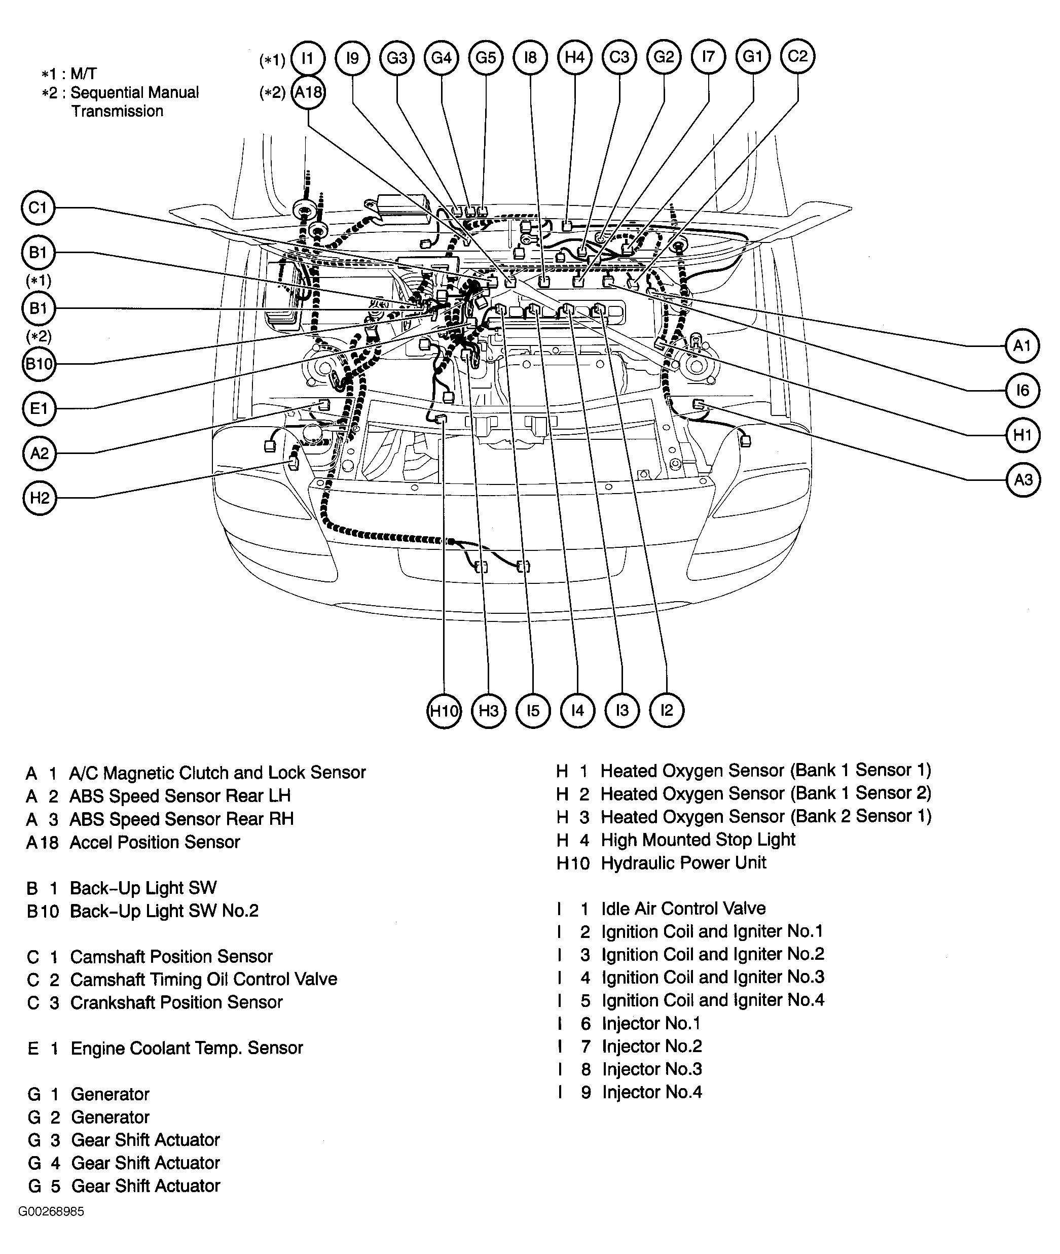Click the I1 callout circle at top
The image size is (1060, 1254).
coord(308,58)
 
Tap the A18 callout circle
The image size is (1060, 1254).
coord(308,92)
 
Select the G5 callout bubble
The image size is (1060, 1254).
coord(486,58)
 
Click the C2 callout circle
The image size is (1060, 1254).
coord(797,56)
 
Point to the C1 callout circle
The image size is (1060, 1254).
coord(38,208)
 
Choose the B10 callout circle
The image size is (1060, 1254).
coord(39,364)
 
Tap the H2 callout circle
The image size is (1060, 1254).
coord(40,498)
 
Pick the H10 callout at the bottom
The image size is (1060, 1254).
coord(444,711)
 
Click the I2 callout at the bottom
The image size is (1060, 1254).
coord(667,711)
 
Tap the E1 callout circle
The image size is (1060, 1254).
coord(39,409)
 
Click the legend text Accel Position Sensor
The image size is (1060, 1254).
coord(155,842)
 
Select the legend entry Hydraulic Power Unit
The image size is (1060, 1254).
coord(683,863)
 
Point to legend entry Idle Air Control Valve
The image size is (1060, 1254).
coord(683,909)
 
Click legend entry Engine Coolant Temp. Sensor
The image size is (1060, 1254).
coord(186,1048)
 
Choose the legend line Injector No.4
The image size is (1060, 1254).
coord(652,1092)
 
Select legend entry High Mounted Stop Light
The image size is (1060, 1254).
coord(698,840)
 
